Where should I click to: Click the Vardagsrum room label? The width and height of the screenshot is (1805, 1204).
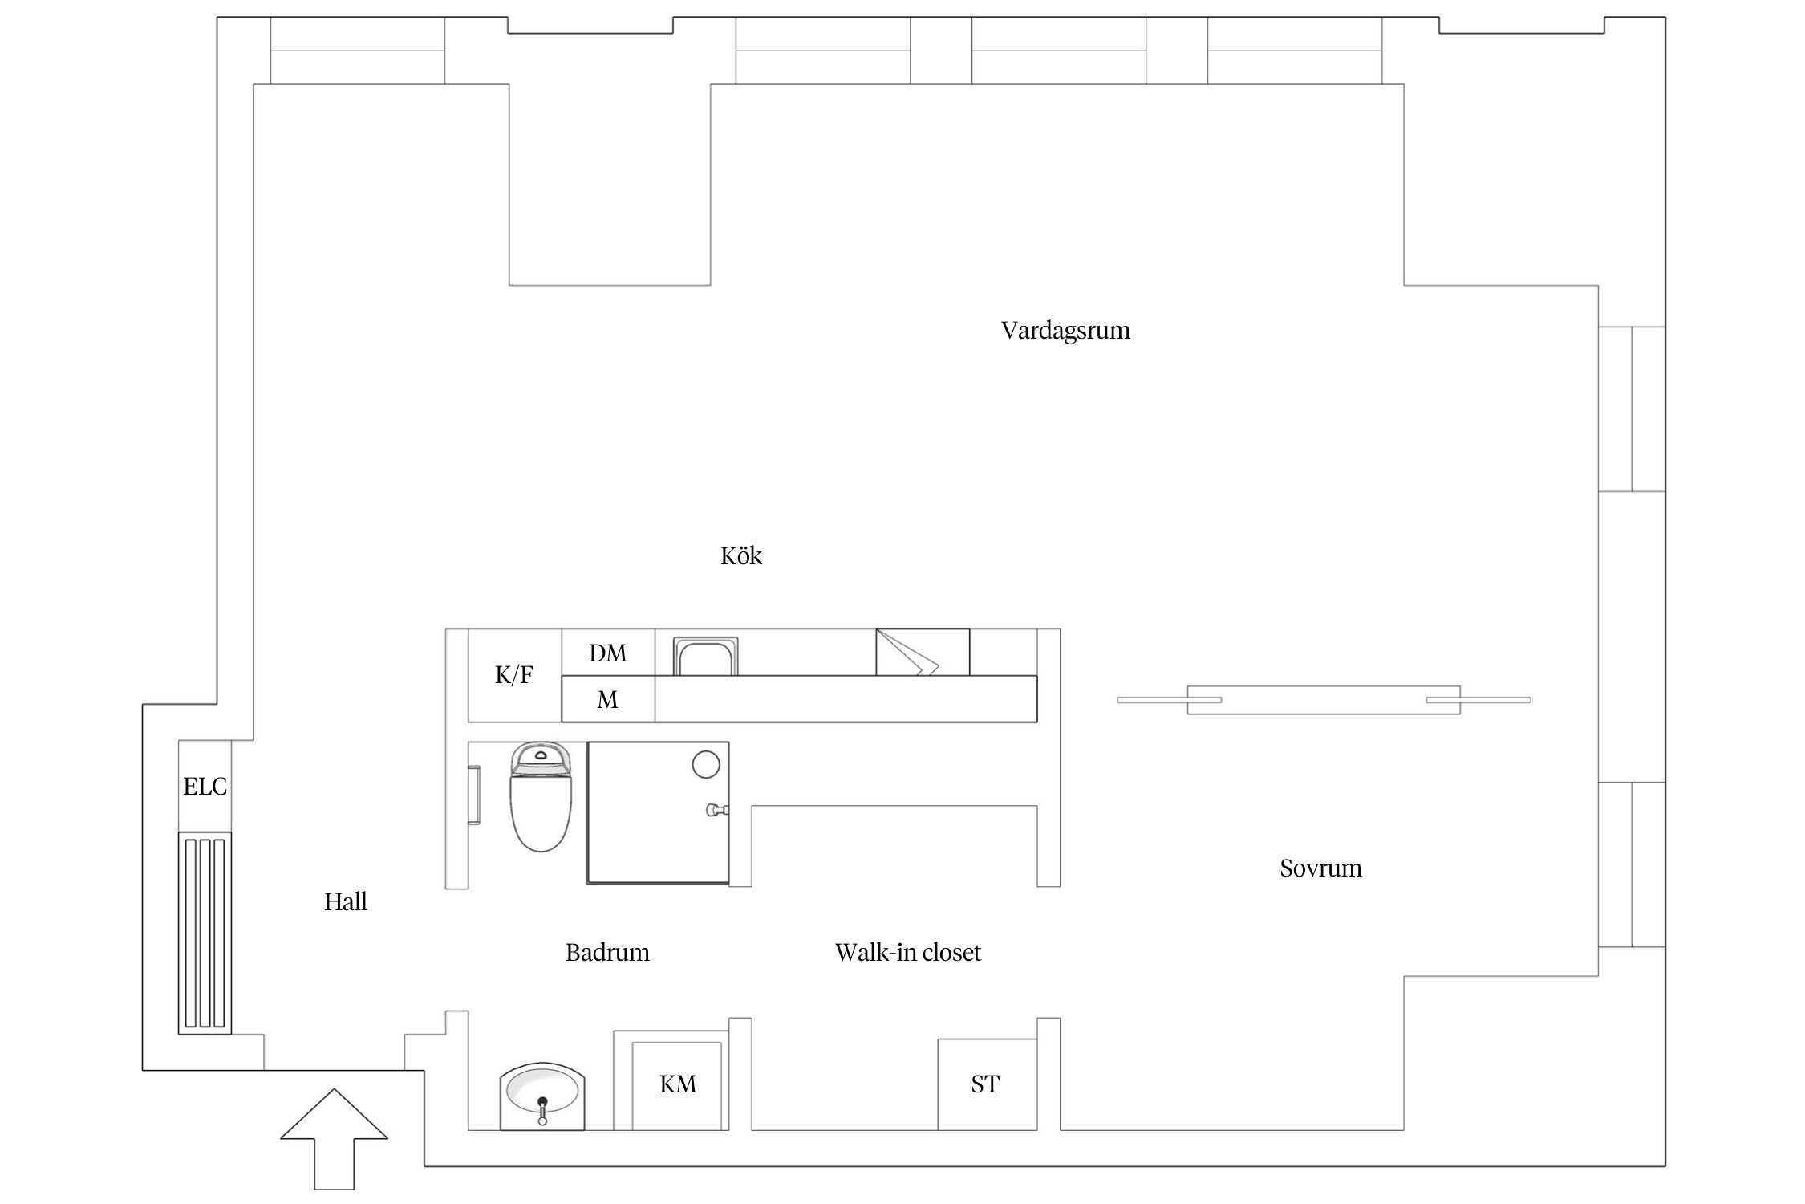pyautogui.click(x=1065, y=331)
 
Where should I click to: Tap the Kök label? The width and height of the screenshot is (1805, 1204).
pyautogui.click(x=741, y=555)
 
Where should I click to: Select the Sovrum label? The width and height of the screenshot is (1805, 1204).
pyautogui.click(x=1320, y=868)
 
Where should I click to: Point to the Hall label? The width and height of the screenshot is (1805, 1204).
pyautogui.click(x=346, y=901)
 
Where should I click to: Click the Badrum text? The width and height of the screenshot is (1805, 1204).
pyautogui.click(x=607, y=952)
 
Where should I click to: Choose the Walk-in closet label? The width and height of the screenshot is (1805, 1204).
pyautogui.click(x=908, y=952)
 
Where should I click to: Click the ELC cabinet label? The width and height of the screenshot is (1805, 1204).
pyautogui.click(x=205, y=786)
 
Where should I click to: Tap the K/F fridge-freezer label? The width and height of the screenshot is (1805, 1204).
pyautogui.click(x=514, y=675)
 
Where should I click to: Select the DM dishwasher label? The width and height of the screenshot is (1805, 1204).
pyautogui.click(x=608, y=653)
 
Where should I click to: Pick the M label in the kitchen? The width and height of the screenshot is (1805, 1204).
pyautogui.click(x=608, y=700)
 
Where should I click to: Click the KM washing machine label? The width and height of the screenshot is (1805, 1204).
pyautogui.click(x=678, y=1084)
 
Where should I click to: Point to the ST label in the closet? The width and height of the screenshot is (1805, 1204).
pyautogui.click(x=985, y=1084)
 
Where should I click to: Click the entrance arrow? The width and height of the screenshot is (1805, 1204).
pyautogui.click(x=334, y=1138)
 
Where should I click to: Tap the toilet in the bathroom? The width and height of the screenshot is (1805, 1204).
pyautogui.click(x=541, y=796)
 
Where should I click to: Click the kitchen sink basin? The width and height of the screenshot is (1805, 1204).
pyautogui.click(x=705, y=657)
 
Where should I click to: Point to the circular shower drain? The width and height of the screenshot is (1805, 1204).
pyautogui.click(x=706, y=764)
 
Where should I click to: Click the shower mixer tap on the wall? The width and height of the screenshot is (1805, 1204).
pyautogui.click(x=716, y=810)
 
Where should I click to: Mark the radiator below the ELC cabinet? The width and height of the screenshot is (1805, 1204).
pyautogui.click(x=205, y=933)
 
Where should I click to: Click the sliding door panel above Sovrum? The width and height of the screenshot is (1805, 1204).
pyautogui.click(x=1324, y=700)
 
